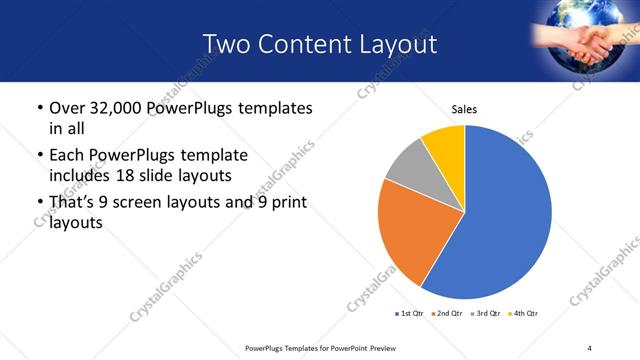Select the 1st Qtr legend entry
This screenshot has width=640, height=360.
tap(410, 314)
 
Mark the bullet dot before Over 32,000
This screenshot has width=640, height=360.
tap(37, 108)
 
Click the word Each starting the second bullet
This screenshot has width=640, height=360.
tap(67, 156)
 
